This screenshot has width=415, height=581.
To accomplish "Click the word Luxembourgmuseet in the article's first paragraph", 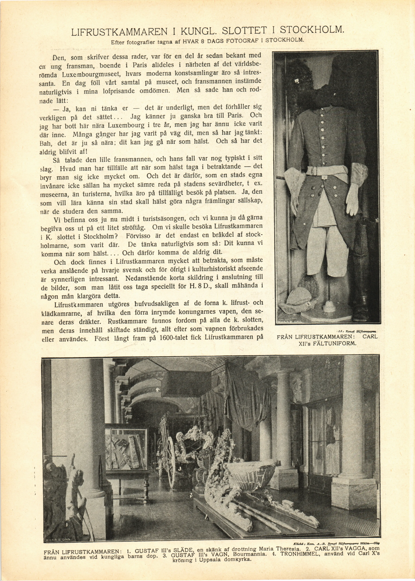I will (x=91, y=75).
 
